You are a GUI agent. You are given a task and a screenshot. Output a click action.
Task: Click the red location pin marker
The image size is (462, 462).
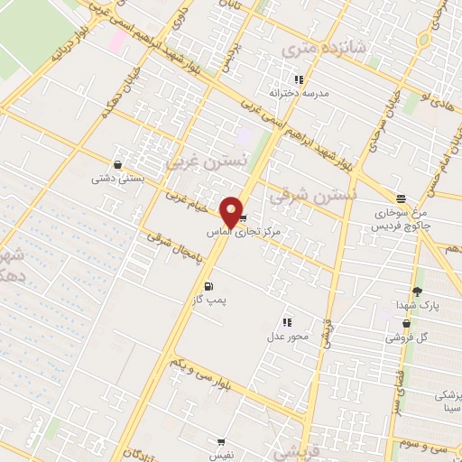232,211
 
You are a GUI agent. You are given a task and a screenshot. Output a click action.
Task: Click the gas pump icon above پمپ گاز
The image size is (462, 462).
210,286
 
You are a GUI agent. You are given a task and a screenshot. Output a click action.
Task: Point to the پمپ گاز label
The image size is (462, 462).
210,300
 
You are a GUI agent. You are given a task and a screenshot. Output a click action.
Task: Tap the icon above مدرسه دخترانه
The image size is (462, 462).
300,79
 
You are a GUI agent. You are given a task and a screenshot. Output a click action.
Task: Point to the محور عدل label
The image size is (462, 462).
288,336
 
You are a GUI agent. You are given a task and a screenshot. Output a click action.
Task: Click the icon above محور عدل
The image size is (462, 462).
287,321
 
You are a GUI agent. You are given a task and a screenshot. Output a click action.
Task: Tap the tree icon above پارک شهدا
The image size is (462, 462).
417,291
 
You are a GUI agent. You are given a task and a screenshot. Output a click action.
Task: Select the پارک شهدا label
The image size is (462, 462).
416,306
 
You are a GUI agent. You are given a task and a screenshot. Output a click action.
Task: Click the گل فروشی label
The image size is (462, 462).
406,337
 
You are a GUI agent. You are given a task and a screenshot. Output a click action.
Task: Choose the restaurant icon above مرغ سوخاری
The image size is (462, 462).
401,199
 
